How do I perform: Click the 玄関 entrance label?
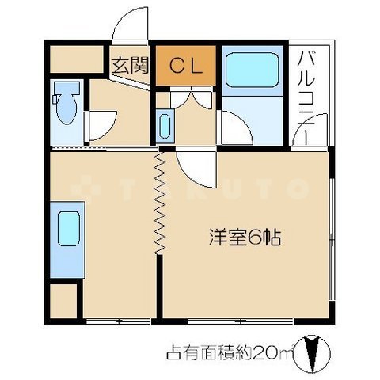point(129,66)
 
